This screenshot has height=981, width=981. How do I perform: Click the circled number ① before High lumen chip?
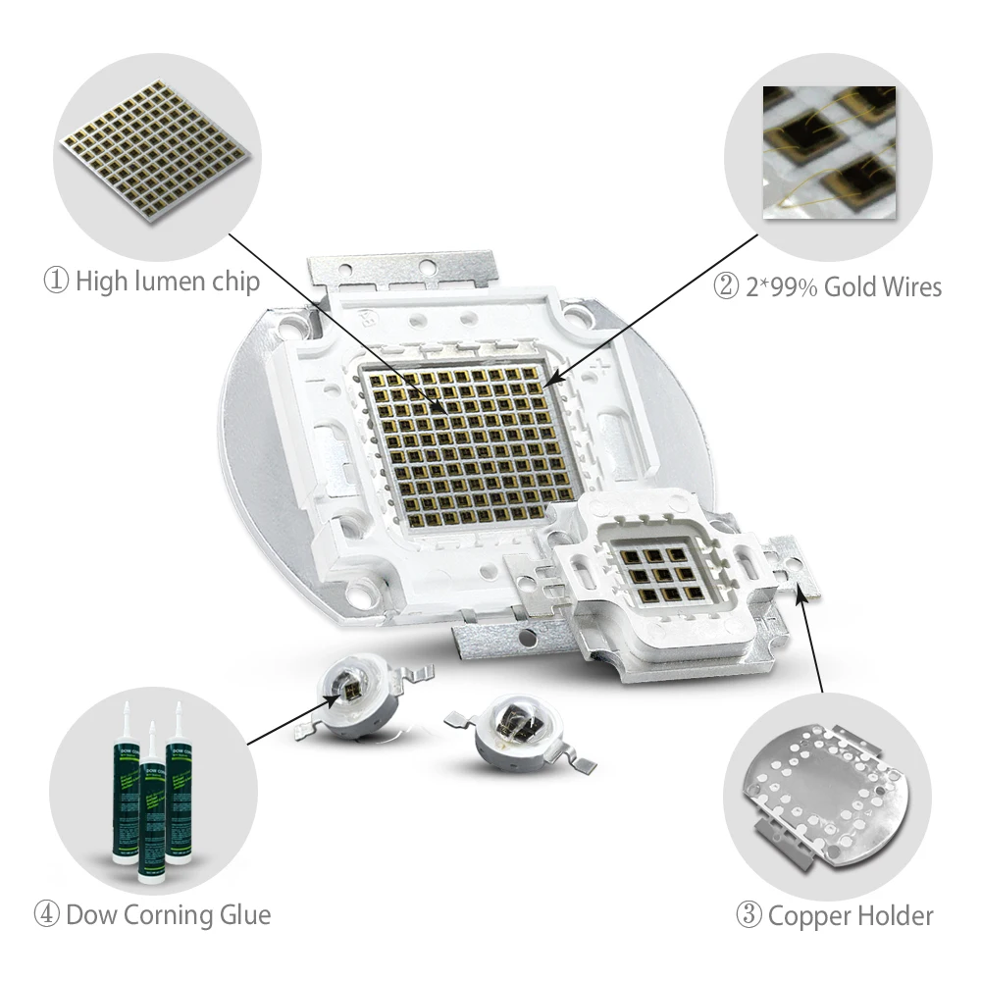[x=56, y=282]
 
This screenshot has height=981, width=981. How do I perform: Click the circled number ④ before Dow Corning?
[x=47, y=915]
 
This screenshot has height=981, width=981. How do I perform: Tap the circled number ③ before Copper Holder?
[x=749, y=916]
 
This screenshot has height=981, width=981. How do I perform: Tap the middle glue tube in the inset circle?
[x=152, y=804]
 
